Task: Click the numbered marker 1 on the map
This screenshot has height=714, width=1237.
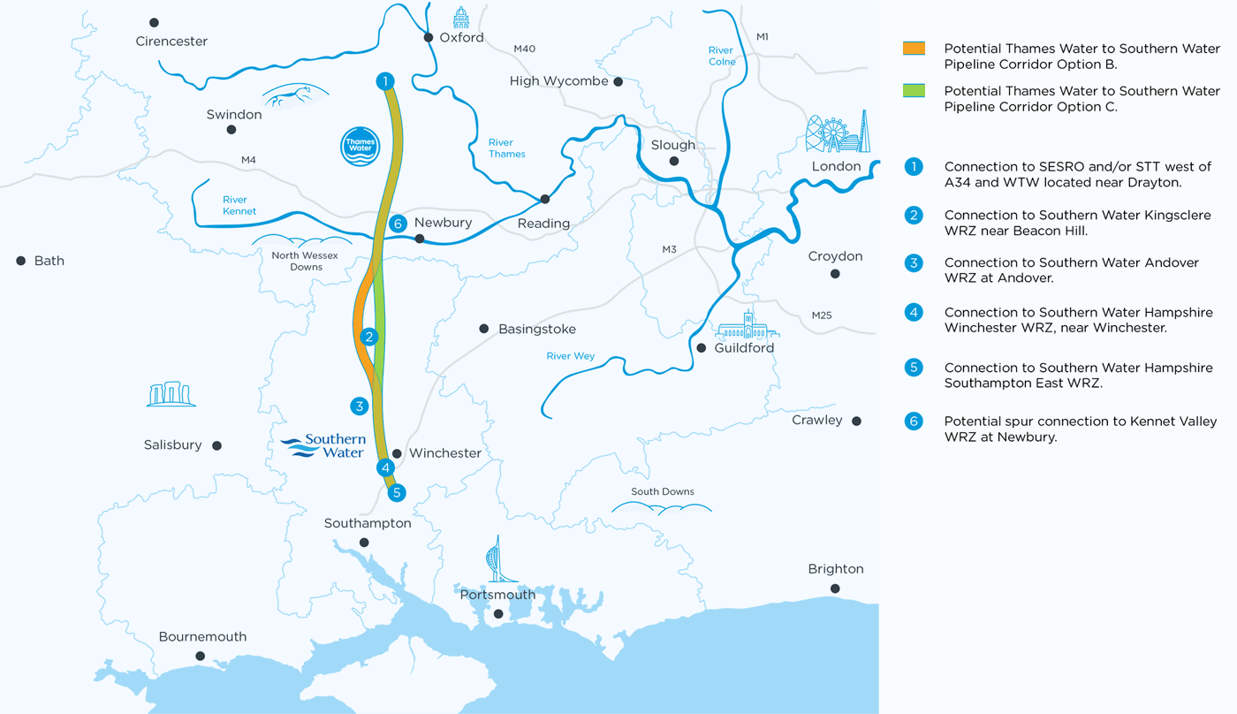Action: tap(384, 81)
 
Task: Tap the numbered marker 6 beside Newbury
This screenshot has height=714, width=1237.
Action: tap(398, 224)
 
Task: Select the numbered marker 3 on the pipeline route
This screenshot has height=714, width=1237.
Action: tap(359, 406)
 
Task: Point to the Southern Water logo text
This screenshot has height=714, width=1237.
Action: tap(324, 445)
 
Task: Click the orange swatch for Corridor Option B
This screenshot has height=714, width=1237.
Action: tap(914, 49)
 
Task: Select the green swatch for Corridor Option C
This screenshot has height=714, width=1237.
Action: tap(914, 90)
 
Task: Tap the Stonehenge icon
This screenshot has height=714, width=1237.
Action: tap(171, 394)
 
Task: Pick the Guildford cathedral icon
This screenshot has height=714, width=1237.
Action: tap(748, 326)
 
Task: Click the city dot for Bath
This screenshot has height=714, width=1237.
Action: tap(21, 261)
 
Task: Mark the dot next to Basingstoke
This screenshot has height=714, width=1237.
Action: tap(484, 329)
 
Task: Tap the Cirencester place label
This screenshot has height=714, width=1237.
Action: tap(171, 42)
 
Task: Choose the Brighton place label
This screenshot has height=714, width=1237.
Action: tap(835, 569)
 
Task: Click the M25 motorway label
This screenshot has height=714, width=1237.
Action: tap(822, 315)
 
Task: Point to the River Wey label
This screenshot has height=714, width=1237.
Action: tap(570, 356)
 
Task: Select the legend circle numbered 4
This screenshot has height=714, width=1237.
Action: tap(914, 312)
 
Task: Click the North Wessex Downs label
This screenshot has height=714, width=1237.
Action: tap(305, 261)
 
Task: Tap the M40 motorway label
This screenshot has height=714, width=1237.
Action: tap(524, 49)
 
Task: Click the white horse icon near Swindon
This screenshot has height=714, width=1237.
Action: tap(295, 95)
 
